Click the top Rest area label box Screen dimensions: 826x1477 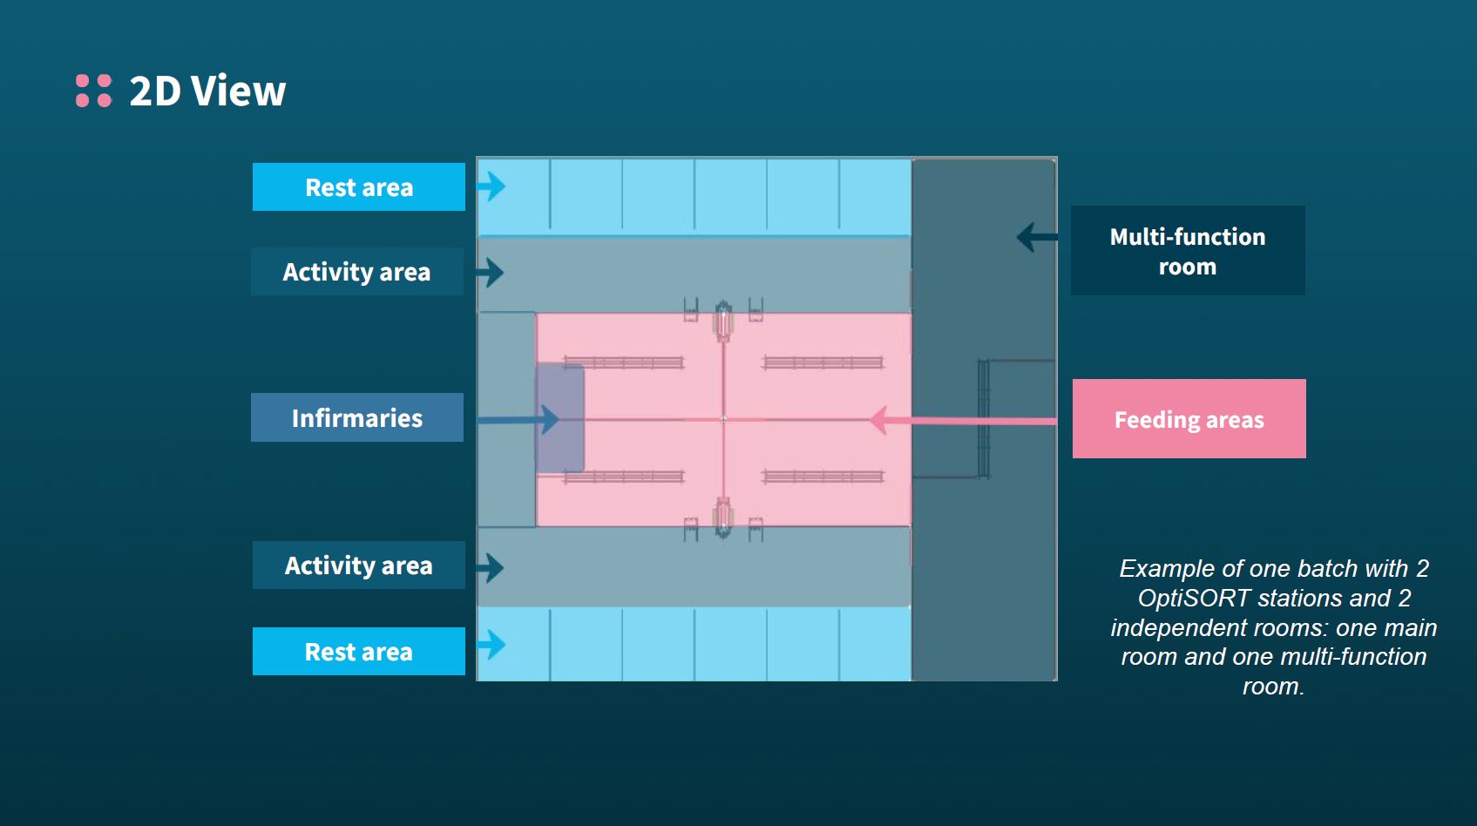(358, 187)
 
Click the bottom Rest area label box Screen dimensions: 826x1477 (358, 652)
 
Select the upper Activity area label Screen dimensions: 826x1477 (356, 272)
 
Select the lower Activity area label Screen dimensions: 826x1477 (358, 565)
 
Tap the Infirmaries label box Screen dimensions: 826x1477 (356, 418)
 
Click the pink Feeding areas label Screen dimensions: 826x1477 (1189, 419)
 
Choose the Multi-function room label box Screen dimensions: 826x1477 (1187, 251)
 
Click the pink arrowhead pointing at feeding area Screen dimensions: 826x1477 (879, 420)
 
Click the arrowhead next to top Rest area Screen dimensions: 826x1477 (494, 186)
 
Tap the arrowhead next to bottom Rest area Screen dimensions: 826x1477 (494, 645)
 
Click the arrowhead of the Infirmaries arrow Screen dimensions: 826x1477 (549, 419)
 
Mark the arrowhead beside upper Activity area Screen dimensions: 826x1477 (493, 273)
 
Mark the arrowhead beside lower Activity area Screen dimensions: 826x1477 (493, 568)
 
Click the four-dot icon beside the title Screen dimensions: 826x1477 (93, 91)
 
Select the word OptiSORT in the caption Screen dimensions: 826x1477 (1196, 598)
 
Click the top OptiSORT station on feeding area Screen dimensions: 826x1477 (722, 322)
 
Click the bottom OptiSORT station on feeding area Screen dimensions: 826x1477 (722, 516)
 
